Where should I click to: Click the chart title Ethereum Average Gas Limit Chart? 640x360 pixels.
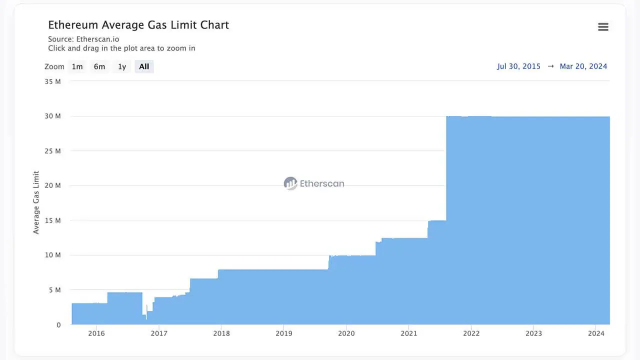click(138, 25)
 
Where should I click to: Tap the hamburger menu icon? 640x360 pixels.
click(603, 27)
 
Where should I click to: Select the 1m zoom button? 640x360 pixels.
click(77, 66)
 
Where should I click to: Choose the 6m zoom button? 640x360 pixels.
click(99, 66)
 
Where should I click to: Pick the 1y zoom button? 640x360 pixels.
click(122, 66)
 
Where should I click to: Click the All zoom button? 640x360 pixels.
click(144, 66)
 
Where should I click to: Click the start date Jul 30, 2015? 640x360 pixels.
click(518, 66)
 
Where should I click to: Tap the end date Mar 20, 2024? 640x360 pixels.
click(583, 66)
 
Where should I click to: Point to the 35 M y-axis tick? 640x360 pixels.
click(52, 81)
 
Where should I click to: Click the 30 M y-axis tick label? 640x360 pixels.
click(52, 116)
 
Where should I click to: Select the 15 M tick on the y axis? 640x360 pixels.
click(52, 220)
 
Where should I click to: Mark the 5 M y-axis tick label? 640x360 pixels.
click(54, 290)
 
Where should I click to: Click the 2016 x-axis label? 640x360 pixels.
click(96, 333)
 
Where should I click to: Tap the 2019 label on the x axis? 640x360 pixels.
click(283, 333)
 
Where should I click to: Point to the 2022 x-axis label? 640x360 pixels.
click(471, 333)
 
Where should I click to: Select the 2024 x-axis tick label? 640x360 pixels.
click(596, 333)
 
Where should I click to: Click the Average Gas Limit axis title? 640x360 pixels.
click(36, 202)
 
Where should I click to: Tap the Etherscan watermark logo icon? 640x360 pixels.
click(290, 183)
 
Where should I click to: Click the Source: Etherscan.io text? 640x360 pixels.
click(83, 39)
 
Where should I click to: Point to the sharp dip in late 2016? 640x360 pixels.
click(145, 316)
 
